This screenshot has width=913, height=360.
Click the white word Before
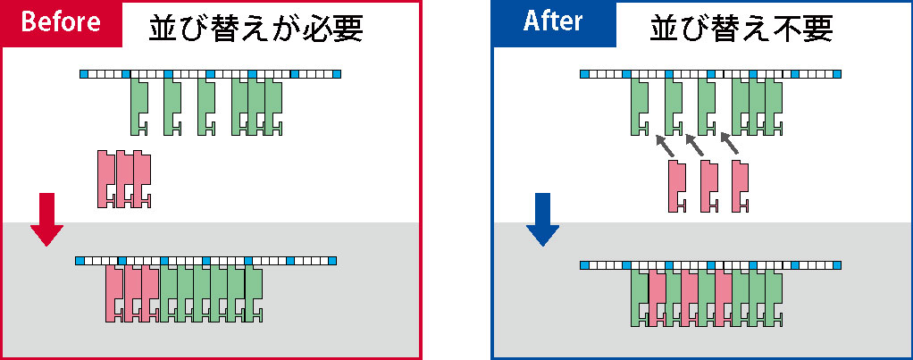[61, 22]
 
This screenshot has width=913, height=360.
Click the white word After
[553, 21]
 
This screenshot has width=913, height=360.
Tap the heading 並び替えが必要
[256, 28]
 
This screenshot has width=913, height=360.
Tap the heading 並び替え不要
[741, 28]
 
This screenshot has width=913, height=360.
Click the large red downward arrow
[46, 219]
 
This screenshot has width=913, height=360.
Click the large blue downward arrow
[542, 219]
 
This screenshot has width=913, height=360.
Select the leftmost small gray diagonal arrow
[665, 146]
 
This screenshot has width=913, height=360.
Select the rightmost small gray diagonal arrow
[730, 144]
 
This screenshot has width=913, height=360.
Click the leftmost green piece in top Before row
[138, 106]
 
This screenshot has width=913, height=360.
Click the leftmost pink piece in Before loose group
[105, 179]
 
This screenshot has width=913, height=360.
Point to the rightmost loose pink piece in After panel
[740, 187]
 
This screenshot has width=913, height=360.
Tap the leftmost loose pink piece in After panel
[676, 187]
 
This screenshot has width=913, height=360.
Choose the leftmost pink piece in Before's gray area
[113, 293]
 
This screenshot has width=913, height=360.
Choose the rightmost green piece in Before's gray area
[254, 293]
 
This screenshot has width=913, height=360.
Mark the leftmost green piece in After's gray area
[640, 298]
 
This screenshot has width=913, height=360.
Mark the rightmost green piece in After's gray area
[774, 298]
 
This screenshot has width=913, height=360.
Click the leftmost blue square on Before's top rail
[84, 74]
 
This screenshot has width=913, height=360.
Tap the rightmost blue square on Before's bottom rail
[332, 260]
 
